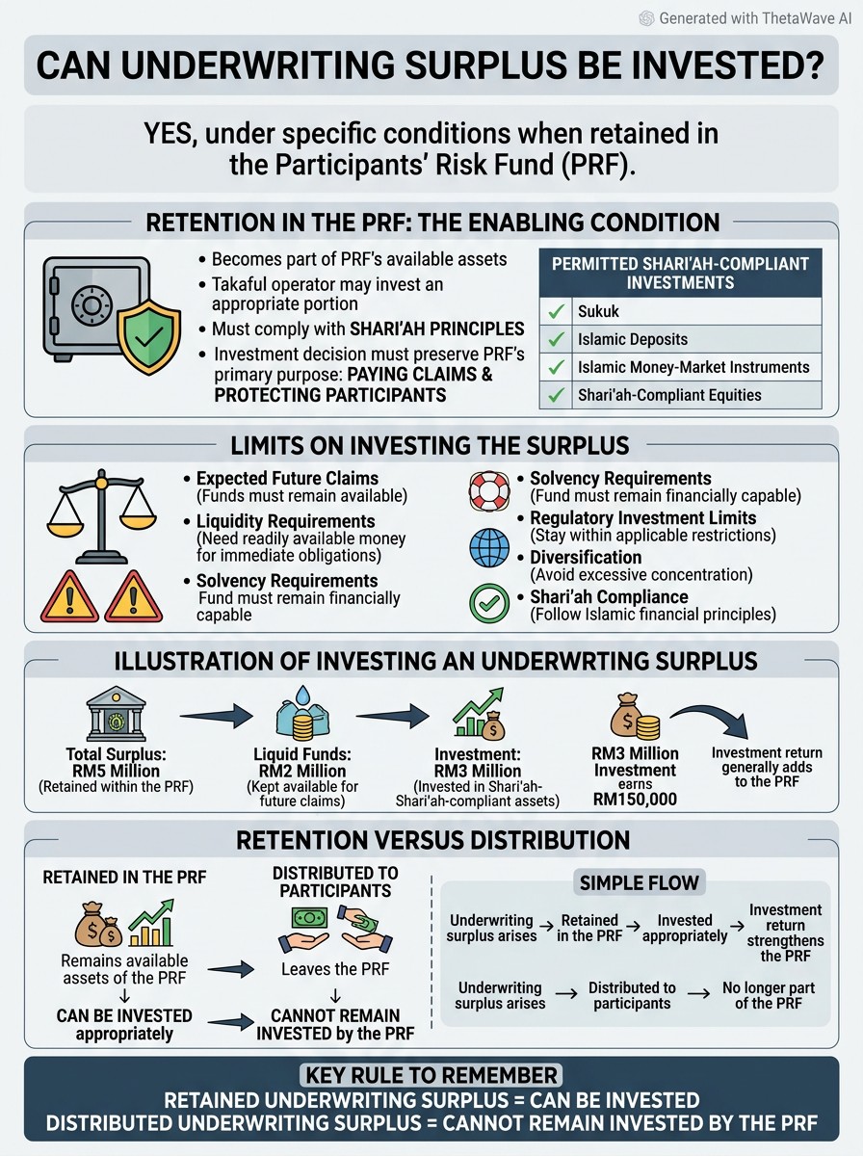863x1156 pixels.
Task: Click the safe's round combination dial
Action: (92, 305)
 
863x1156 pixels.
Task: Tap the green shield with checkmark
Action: (149, 337)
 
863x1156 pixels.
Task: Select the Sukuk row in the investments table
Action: (680, 311)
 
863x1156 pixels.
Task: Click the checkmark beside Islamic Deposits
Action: (556, 339)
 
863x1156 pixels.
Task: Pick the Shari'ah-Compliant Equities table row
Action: (680, 395)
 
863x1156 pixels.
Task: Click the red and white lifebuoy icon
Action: (489, 491)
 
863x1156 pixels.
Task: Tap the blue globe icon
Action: (489, 548)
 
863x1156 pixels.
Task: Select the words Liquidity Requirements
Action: (285, 521)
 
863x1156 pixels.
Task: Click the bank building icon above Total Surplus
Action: (116, 714)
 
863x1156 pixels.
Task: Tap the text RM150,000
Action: (635, 800)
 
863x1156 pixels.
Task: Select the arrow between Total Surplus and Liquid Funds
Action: (217, 716)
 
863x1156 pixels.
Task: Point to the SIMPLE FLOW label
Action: (640, 882)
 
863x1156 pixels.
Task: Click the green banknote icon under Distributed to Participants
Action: (309, 918)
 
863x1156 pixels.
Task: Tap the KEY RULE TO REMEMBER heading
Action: (431, 1075)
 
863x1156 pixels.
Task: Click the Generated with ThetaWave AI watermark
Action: (745, 18)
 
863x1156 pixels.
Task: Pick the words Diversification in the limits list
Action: (586, 557)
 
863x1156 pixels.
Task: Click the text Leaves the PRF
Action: (335, 969)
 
